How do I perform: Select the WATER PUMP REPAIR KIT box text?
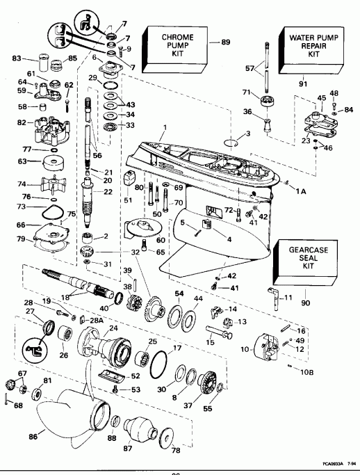coord(309,43)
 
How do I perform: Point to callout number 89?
coord(224,43)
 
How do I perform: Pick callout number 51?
coord(127,200)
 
